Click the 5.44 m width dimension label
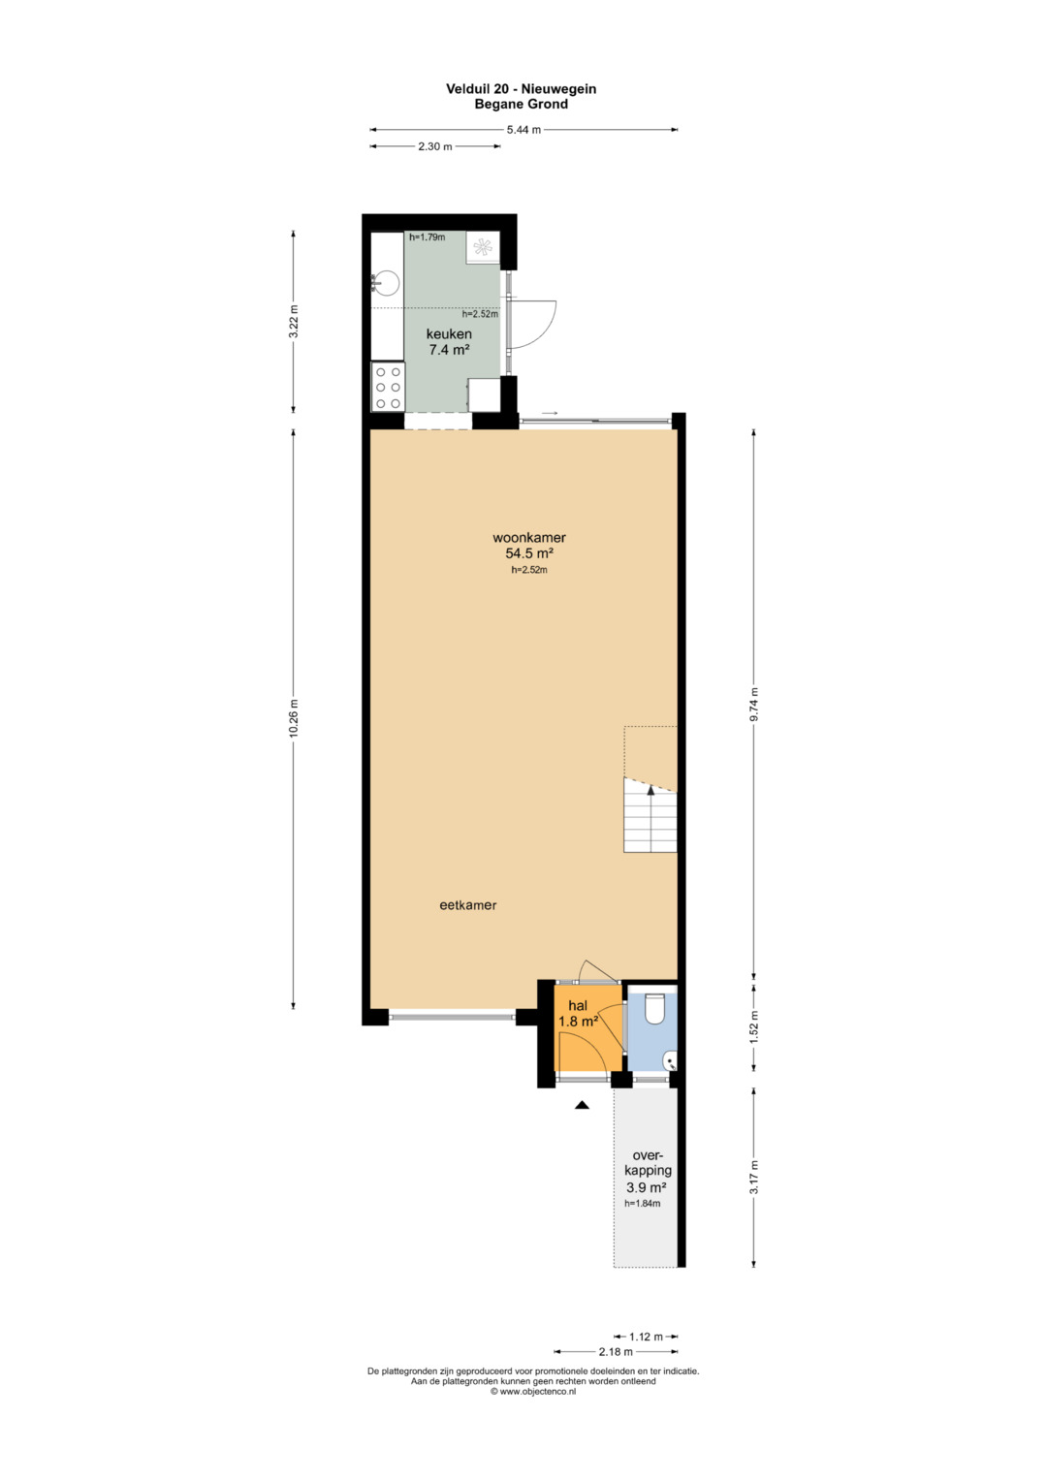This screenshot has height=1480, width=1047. tap(523, 130)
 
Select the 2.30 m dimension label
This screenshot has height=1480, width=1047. tap(435, 146)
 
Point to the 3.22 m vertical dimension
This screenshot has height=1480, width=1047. tap(294, 322)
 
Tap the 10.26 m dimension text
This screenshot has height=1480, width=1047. tap(294, 718)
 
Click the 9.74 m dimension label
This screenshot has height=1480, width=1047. tap(754, 705)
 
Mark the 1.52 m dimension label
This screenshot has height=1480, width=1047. tap(754, 1027)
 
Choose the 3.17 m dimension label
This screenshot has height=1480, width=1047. tap(754, 1177)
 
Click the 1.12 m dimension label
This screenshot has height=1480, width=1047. tap(646, 1337)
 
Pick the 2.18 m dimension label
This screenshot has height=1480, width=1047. tap(616, 1352)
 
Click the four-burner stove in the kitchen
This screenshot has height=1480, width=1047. tap(388, 387)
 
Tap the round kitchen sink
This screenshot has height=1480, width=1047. tap(386, 283)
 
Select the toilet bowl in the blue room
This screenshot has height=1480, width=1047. tap(654, 1008)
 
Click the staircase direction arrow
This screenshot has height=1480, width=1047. tap(651, 789)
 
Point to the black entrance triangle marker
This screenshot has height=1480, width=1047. tap(582, 1104)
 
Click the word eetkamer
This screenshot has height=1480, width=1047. tap(468, 905)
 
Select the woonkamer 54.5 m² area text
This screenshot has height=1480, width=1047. tap(529, 545)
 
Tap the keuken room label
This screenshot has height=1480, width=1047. tap(450, 333)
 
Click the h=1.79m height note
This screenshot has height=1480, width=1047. tap(427, 237)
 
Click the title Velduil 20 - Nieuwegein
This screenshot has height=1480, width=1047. tap(522, 88)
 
